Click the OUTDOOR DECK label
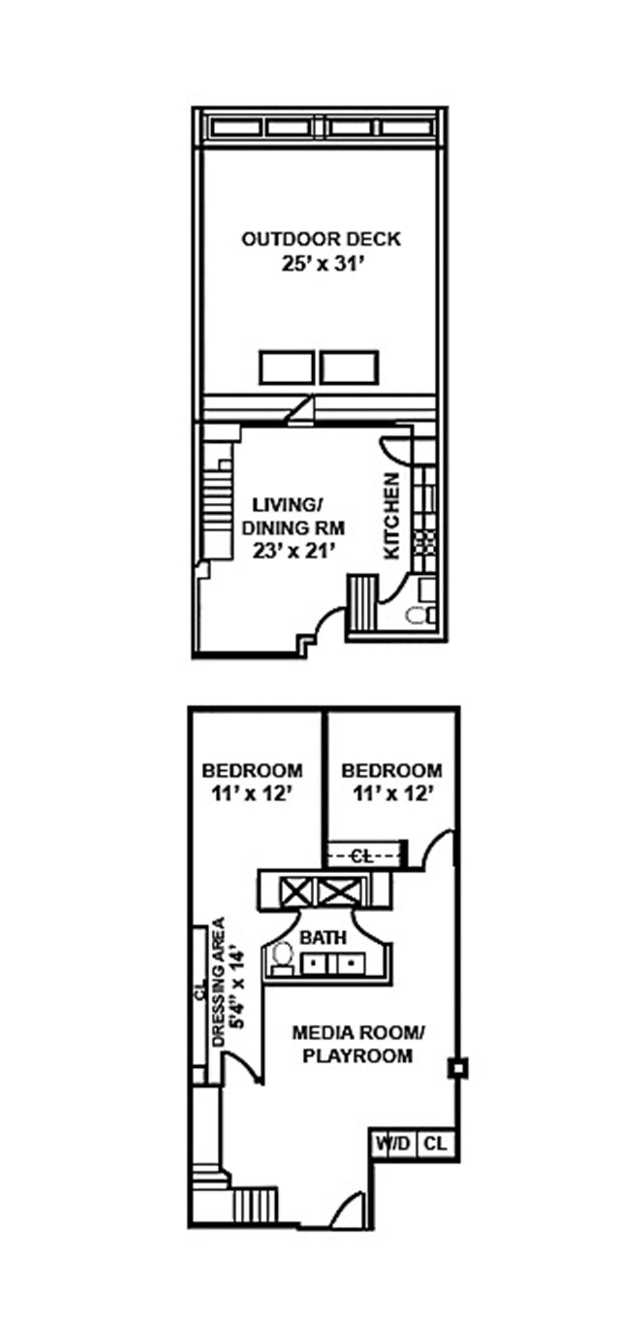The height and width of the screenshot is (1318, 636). coord(321,239)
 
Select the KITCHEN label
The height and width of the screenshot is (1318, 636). coord(391,516)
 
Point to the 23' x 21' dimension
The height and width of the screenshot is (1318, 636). coord(293,551)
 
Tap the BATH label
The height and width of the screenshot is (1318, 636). coord(323,938)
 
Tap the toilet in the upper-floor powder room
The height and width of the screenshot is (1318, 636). coord(415,615)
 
